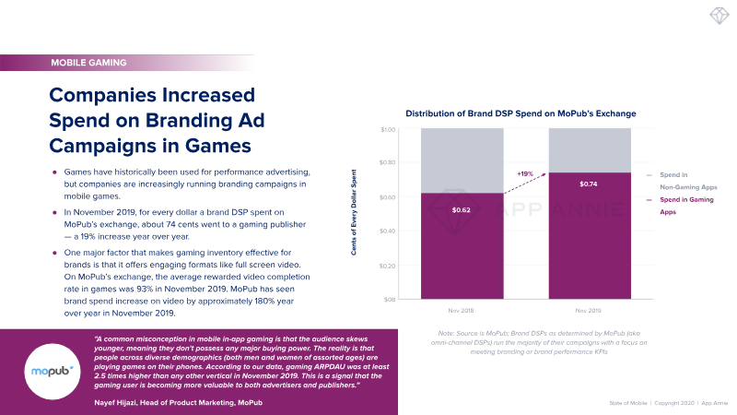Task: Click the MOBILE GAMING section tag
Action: pos(88,64)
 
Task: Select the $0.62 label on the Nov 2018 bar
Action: pos(462,210)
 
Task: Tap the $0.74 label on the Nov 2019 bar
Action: pos(590,184)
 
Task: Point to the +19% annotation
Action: pos(526,173)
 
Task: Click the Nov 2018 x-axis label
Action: pos(462,312)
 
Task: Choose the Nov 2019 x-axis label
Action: pos(590,312)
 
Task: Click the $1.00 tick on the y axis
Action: pos(390,129)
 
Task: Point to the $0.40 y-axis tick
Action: pos(390,231)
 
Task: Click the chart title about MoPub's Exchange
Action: pos(521,113)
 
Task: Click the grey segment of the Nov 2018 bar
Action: pos(462,160)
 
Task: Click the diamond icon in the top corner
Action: pos(717,19)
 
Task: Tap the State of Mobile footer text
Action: pos(630,403)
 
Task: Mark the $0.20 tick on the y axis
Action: pos(390,266)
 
